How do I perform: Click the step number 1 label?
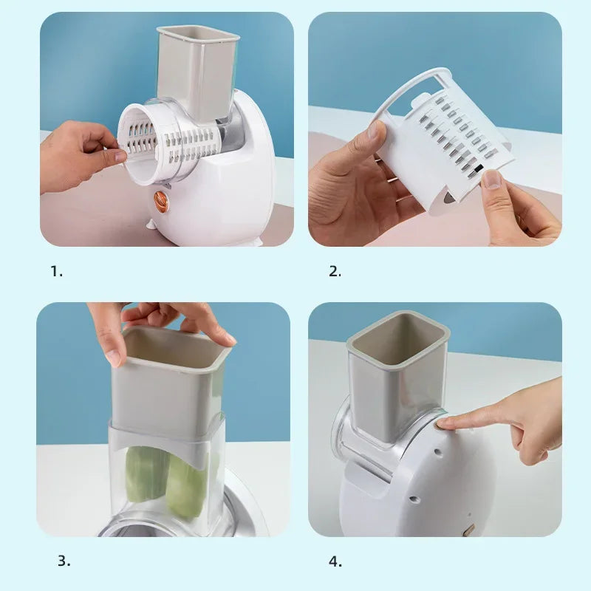[x=57, y=271]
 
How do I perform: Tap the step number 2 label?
[x=335, y=271]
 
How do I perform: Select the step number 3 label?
[x=64, y=561]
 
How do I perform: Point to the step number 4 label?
[x=335, y=561]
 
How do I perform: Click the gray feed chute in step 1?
[x=197, y=70]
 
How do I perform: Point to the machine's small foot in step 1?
[x=152, y=223]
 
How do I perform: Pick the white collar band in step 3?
[x=166, y=440]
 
